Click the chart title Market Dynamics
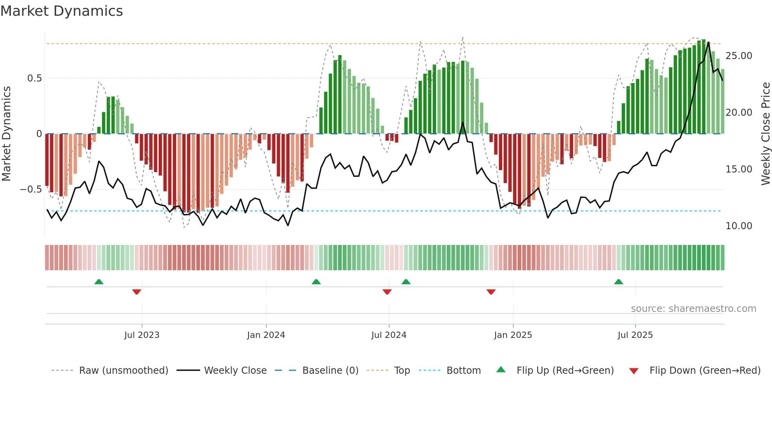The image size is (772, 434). point(61,11)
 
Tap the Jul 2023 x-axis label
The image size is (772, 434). point(142,335)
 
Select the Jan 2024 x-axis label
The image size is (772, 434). point(266,335)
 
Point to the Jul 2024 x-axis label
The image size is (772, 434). point(389,335)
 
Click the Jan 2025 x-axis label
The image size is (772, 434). point(513,335)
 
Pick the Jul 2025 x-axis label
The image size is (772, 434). point(635,335)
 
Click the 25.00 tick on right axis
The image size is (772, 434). point(739,56)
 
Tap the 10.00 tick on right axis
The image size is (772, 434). point(739,226)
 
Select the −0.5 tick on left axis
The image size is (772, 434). point(31,189)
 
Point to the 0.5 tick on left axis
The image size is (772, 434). point(34,78)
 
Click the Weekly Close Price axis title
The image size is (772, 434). point(765,134)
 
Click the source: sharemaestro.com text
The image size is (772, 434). point(693,309)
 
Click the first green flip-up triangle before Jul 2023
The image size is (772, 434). point(99,282)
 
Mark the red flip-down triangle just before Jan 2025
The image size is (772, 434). point(491,292)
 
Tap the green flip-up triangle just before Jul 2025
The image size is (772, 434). point(618,282)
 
